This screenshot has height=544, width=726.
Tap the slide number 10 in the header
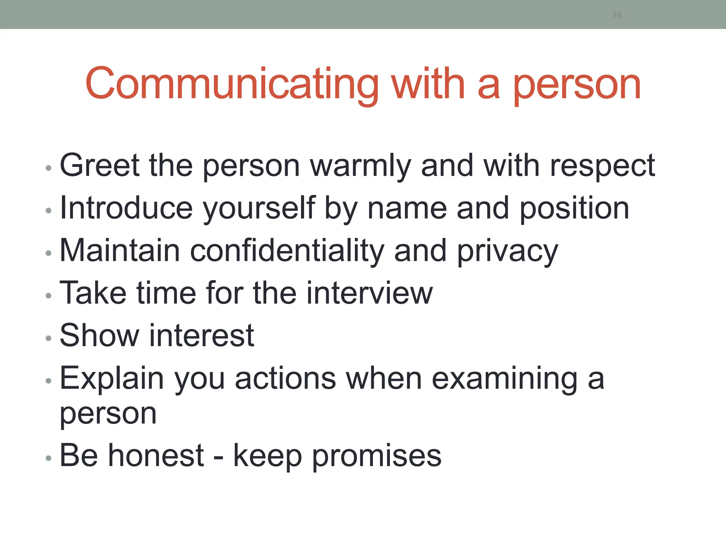(x=617, y=15)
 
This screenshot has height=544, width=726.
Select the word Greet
(x=100, y=165)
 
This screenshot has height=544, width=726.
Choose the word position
(x=574, y=209)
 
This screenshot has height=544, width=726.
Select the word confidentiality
(x=287, y=251)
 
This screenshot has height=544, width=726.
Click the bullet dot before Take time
(x=49, y=295)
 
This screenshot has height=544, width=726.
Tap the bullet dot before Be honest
(x=49, y=458)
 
